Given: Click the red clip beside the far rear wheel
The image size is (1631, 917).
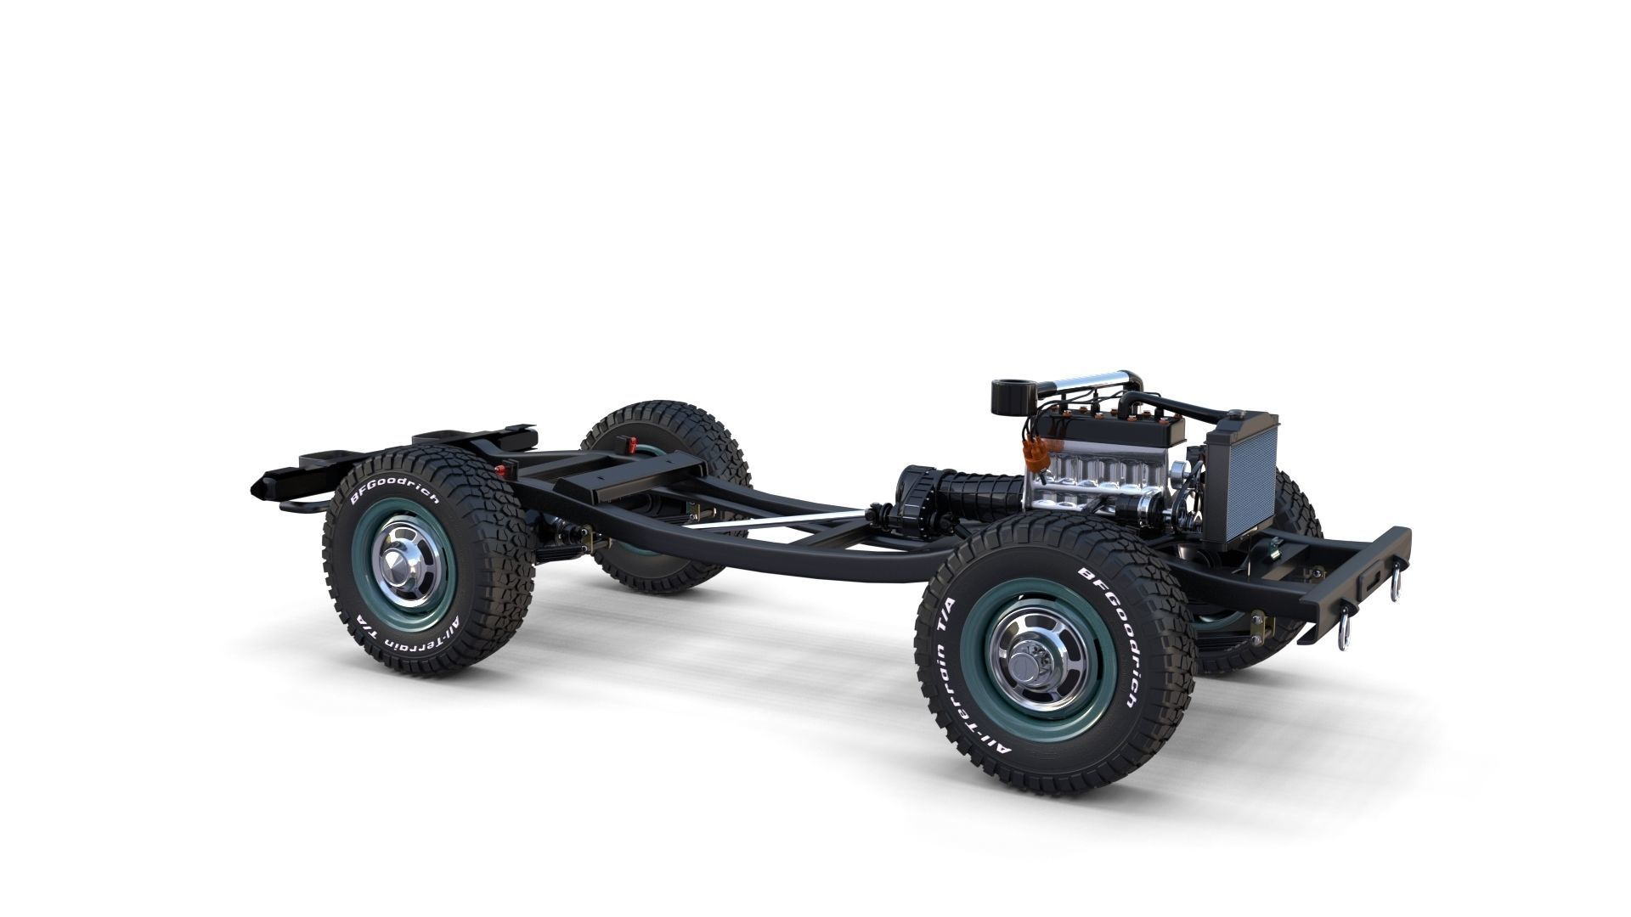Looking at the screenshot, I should coord(629,444).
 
